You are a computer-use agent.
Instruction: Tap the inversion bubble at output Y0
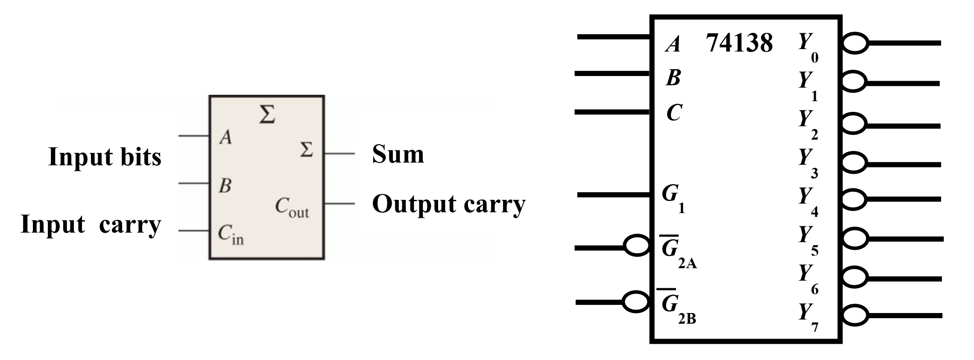855,44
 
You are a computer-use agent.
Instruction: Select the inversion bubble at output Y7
855,316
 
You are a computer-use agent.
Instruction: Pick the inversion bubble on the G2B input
636,301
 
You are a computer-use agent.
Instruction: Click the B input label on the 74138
673,78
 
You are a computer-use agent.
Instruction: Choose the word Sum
398,154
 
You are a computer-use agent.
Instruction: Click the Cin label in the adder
231,235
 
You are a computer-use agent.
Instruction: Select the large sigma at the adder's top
267,114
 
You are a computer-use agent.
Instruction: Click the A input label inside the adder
225,138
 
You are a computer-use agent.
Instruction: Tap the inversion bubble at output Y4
855,199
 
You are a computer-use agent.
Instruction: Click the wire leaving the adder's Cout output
339,204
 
